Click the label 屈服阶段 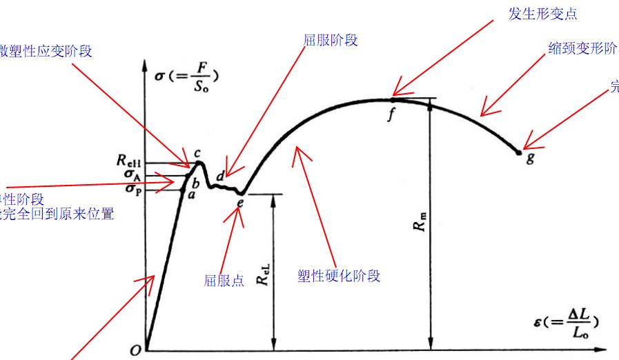pos(331,40)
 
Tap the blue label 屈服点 pos(224,281)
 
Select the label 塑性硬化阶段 pos(339,276)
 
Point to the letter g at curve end pos(530,159)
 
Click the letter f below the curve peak pos(391,114)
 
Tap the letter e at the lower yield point pos(240,203)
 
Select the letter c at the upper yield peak pos(197,153)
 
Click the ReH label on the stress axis pos(130,163)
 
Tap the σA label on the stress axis pos(133,175)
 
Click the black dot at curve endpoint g pos(519,152)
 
